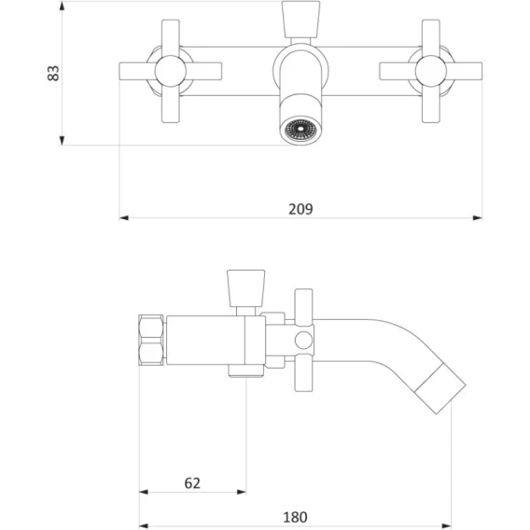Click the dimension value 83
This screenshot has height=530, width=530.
53,74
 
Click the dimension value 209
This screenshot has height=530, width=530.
300,209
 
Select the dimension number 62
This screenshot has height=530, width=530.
192,483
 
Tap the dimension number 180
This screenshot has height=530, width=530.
295,517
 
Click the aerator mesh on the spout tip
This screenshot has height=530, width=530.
300,129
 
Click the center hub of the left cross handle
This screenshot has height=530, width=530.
171,71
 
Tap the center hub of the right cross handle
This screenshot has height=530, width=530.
431,71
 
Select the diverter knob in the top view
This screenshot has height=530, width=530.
300,20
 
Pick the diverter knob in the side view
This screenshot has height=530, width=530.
245,288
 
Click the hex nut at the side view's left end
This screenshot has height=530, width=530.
151,340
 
